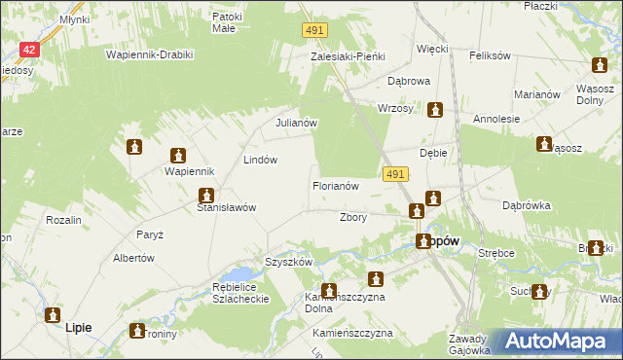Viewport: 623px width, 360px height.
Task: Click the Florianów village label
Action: [x=336, y=185]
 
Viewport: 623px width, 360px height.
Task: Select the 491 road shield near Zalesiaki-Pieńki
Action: [x=312, y=32]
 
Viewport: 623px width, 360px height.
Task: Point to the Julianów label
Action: [x=297, y=124]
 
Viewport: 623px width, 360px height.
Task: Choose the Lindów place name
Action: [x=261, y=160]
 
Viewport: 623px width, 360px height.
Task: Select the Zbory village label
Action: [x=352, y=218]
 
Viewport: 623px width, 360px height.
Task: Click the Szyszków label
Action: [x=288, y=263]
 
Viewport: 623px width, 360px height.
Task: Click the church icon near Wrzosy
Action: [x=435, y=110]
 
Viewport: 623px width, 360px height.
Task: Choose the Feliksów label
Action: [x=490, y=55]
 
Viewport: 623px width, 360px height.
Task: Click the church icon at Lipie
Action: [x=52, y=314]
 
